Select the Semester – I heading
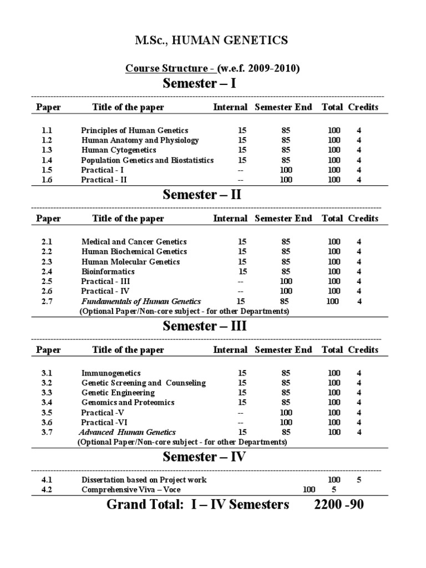pyautogui.click(x=202, y=84)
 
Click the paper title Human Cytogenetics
pyautogui.click(x=119, y=150)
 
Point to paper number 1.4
pyautogui.click(x=46, y=160)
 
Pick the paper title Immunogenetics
pyautogui.click(x=111, y=373)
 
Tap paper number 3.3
pyautogui.click(x=46, y=393)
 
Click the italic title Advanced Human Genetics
pyautogui.click(x=127, y=432)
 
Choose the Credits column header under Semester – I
pyautogui.click(x=363, y=107)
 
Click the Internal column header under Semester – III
pyautogui.click(x=230, y=350)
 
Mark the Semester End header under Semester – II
pyautogui.click(x=283, y=219)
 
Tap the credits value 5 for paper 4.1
pyautogui.click(x=359, y=480)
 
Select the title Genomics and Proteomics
pyautogui.click(x=128, y=403)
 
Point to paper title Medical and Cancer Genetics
pyautogui.click(x=134, y=242)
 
